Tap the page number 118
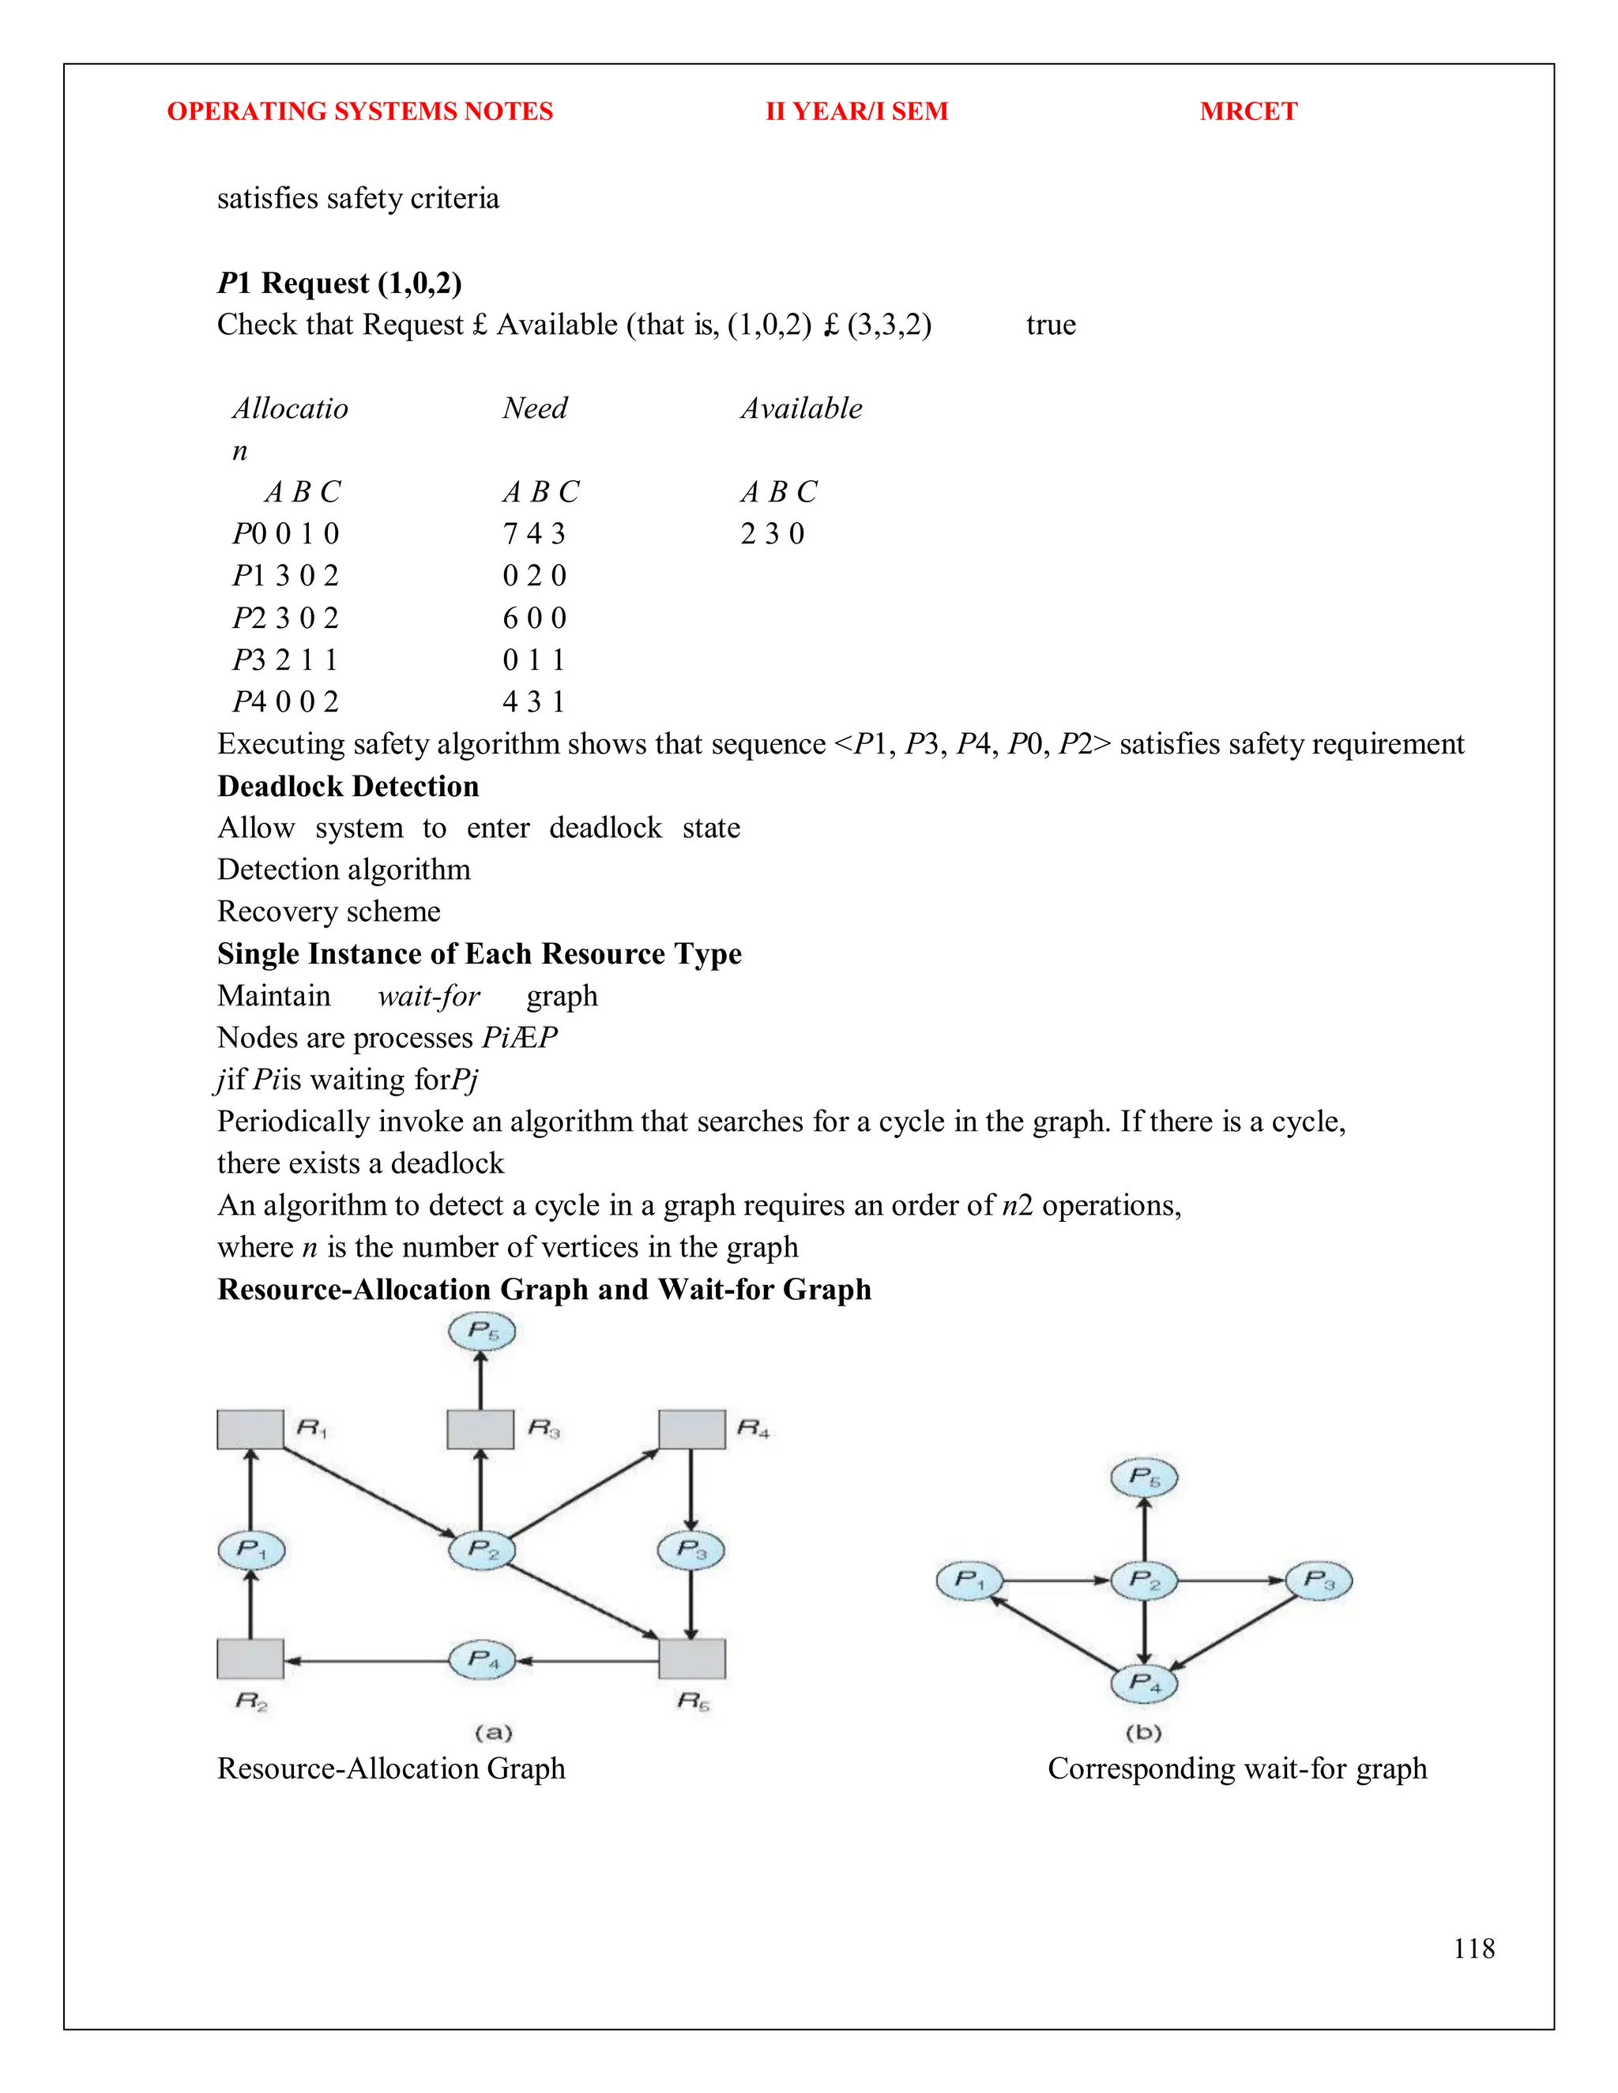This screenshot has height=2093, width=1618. pos(1473,1948)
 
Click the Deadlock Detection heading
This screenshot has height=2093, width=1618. pos(348,786)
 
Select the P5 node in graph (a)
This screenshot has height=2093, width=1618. pos(482,1331)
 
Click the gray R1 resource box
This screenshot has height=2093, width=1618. pos(250,1429)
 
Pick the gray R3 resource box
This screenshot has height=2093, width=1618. pos(480,1429)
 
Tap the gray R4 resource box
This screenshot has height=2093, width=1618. pos(691,1429)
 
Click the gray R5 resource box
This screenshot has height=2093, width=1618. pos(691,1659)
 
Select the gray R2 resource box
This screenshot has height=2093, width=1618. pos(250,1659)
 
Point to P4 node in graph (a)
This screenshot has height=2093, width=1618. pos(482,1659)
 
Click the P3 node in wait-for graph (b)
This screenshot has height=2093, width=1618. pos(1318,1580)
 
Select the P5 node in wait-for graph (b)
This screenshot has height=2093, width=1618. pos(1143,1477)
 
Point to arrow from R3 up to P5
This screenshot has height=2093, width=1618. pos(480,1380)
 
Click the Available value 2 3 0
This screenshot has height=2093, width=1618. pos(772,534)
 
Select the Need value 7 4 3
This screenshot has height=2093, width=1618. pos(534,534)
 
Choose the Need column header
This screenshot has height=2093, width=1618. pos(534,408)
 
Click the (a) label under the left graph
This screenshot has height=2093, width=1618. pos(493,1733)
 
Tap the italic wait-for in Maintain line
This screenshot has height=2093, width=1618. pos(428,996)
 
